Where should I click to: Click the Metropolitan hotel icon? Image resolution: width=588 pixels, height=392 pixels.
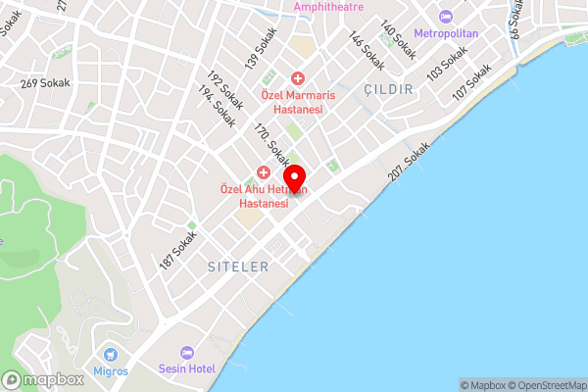point(447,18)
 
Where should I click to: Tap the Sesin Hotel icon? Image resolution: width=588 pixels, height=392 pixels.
point(187,352)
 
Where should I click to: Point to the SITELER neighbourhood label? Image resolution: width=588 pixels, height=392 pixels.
point(238,267)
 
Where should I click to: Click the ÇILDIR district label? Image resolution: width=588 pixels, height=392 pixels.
point(389,89)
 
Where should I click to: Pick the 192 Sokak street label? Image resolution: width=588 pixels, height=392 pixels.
point(224,90)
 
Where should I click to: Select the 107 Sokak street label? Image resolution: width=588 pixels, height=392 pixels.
point(471,82)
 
